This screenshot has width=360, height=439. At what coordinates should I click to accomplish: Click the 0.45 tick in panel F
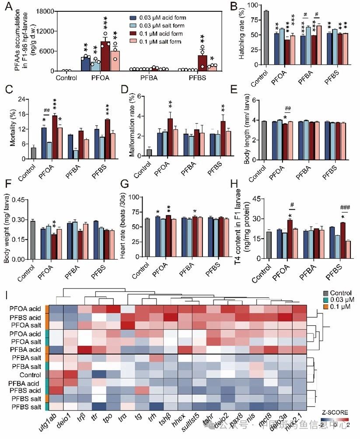(17, 200)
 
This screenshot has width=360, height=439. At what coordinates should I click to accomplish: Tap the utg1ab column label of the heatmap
(51, 424)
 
